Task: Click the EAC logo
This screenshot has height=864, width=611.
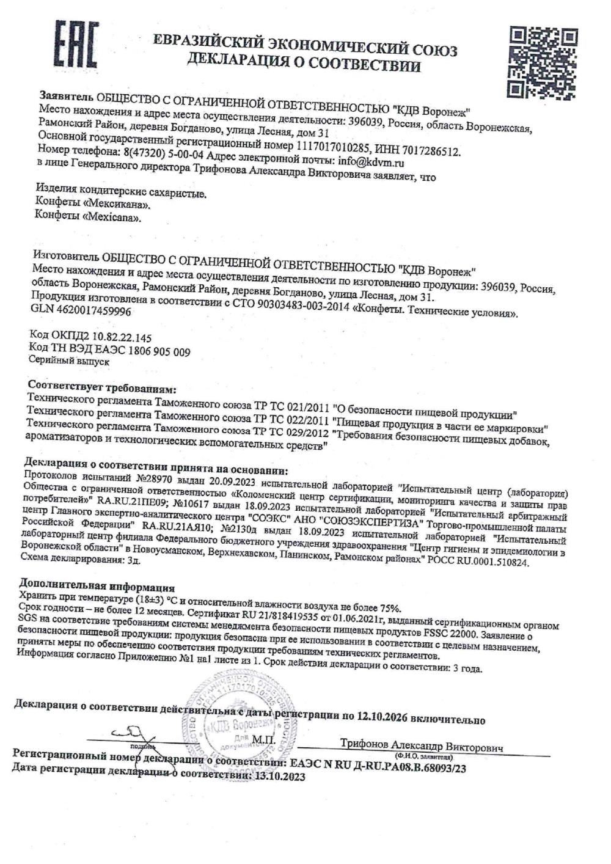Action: click(x=76, y=45)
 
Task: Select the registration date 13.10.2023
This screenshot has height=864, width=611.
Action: click(x=279, y=777)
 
